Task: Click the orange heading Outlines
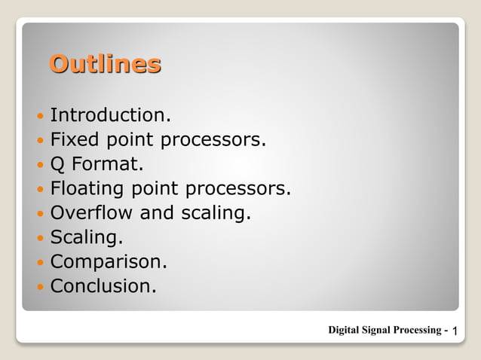pyautogui.click(x=105, y=63)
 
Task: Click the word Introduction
pyautogui.click(x=110, y=115)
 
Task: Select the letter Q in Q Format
pyautogui.click(x=58, y=164)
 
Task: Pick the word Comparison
pyautogui.click(x=108, y=262)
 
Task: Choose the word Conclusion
pyautogui.click(x=103, y=286)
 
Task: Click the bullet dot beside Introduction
pyautogui.click(x=40, y=117)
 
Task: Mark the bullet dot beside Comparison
pyautogui.click(x=40, y=263)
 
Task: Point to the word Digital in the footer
pyautogui.click(x=345, y=330)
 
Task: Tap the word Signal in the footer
pyautogui.click(x=381, y=330)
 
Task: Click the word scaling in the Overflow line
pyautogui.click(x=216, y=213)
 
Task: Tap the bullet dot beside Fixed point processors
pyautogui.click(x=40, y=141)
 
